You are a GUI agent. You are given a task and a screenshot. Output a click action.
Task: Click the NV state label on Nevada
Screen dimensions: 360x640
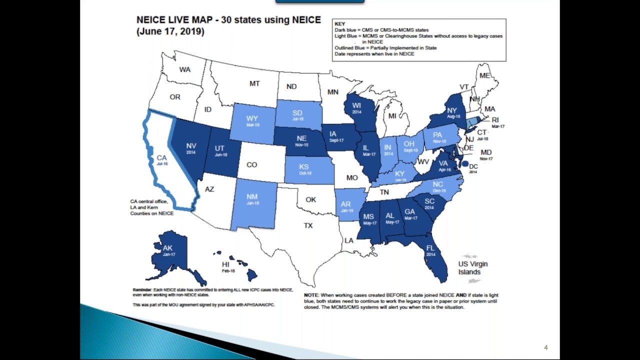click(x=191, y=146)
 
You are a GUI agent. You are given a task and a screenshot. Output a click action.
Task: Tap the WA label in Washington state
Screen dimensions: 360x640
click(x=185, y=69)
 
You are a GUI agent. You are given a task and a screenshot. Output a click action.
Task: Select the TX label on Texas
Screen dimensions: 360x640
click(x=308, y=225)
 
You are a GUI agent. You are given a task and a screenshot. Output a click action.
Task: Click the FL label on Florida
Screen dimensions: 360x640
click(x=430, y=248)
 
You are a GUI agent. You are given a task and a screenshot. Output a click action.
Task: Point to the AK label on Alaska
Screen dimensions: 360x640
click(x=167, y=248)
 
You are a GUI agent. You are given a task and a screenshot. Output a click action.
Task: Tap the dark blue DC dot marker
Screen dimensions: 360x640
click(x=465, y=163)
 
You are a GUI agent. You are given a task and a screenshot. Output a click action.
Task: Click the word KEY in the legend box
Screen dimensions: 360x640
click(x=339, y=24)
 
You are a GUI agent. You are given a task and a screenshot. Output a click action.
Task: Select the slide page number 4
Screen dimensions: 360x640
click(x=545, y=347)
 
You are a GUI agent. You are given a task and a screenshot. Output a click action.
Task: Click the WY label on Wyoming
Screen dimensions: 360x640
click(x=252, y=118)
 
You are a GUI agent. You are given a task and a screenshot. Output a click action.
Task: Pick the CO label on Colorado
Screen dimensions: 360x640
click(x=251, y=164)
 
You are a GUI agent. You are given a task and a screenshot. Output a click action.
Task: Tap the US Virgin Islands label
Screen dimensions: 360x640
click(x=472, y=268)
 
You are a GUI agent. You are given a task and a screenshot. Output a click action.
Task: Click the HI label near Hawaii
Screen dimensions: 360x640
click(x=226, y=264)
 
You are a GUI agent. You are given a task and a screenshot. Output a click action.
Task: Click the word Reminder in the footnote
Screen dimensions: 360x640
click(x=142, y=290)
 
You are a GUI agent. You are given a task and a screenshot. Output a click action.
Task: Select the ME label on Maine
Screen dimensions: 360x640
click(x=484, y=75)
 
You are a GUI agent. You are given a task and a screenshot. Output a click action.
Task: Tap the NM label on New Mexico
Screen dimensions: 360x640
click(x=252, y=197)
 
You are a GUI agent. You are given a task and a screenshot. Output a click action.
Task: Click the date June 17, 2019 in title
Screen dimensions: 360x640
click(x=170, y=31)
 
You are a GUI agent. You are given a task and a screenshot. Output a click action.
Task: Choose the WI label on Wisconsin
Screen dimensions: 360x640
click(x=356, y=105)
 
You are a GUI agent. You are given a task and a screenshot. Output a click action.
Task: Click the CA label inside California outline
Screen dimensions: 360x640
click(x=161, y=158)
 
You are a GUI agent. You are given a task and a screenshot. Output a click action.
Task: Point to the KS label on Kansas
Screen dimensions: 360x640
click(x=303, y=167)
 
